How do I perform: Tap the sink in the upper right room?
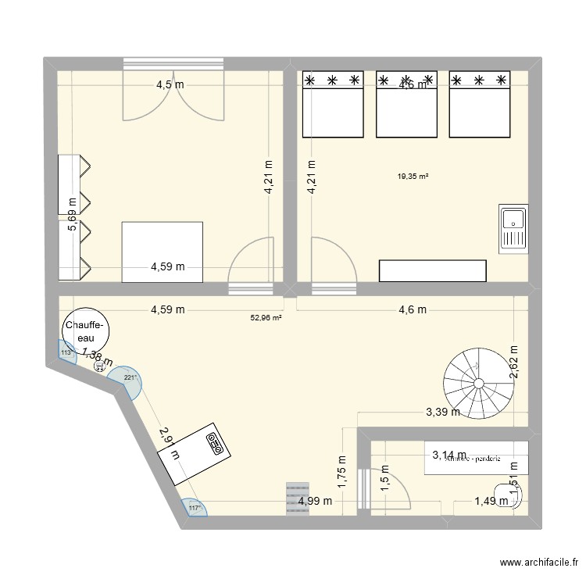click(x=513, y=227)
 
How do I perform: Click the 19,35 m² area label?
click(x=413, y=177)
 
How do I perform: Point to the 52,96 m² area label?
click(x=266, y=318)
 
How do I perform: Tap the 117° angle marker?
click(x=195, y=508)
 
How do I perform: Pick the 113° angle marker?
click(x=66, y=353)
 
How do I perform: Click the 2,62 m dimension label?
click(x=514, y=363)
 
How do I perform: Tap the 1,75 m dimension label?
click(x=341, y=471)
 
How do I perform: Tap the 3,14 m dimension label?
click(x=449, y=455)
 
